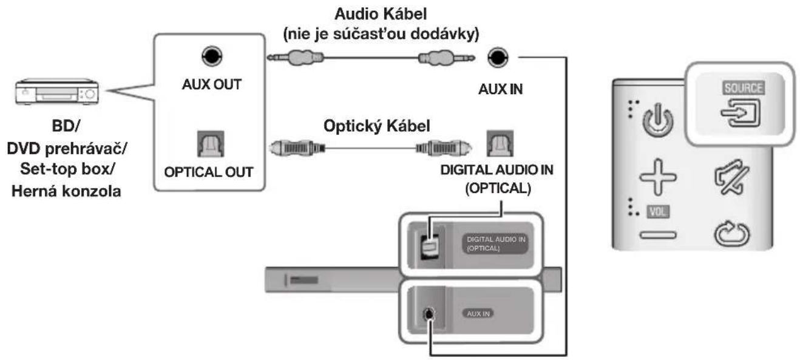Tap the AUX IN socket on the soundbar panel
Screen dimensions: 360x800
[430, 314]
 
